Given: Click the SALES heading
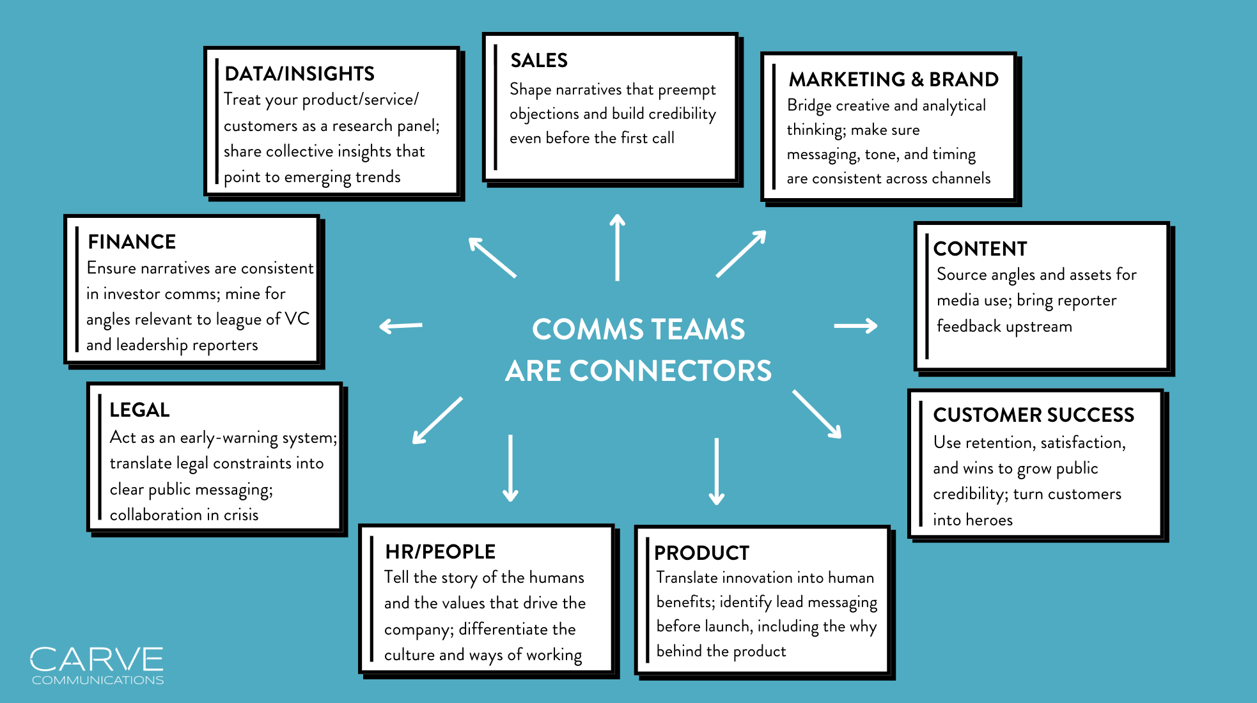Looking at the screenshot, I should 538,60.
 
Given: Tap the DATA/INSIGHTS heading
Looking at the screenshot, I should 299,73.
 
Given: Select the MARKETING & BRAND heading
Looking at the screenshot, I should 893,79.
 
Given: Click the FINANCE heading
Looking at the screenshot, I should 132,242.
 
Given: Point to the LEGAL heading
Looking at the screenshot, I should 139,410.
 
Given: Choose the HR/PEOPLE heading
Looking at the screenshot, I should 440,552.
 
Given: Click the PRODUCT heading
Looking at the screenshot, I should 701,553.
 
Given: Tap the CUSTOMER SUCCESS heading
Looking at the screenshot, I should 1033,415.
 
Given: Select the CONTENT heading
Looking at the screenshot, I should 980,249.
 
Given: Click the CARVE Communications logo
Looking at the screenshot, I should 97,665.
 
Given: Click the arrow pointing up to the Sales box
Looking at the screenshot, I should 617,247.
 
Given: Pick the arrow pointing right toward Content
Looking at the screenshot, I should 855,326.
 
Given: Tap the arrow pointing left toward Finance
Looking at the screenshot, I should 401,326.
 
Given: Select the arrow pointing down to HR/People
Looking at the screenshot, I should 510,468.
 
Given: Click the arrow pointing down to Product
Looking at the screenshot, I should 717,471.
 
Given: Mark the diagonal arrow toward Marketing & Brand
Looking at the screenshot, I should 740,254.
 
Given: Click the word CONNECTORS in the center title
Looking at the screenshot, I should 670,371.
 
